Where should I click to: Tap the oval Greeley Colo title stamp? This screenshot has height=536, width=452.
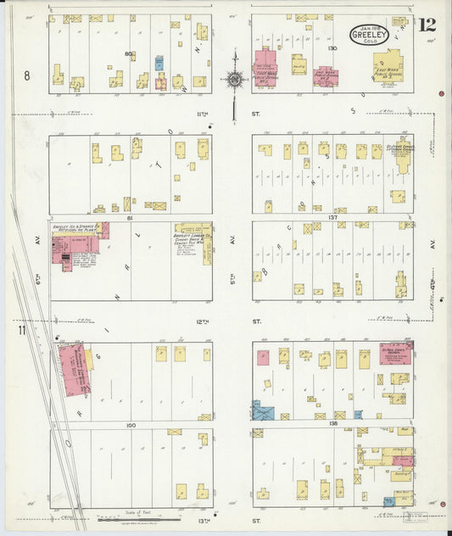coord(370,35)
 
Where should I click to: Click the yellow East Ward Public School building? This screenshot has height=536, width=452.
coord(389,67)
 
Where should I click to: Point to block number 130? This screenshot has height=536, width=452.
coord(332,48)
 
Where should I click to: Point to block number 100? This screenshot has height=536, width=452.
coord(130,424)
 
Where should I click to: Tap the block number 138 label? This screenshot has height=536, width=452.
coord(333,422)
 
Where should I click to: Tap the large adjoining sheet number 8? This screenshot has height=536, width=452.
coord(28,76)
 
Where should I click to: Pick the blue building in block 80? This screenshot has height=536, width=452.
coord(159,63)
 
